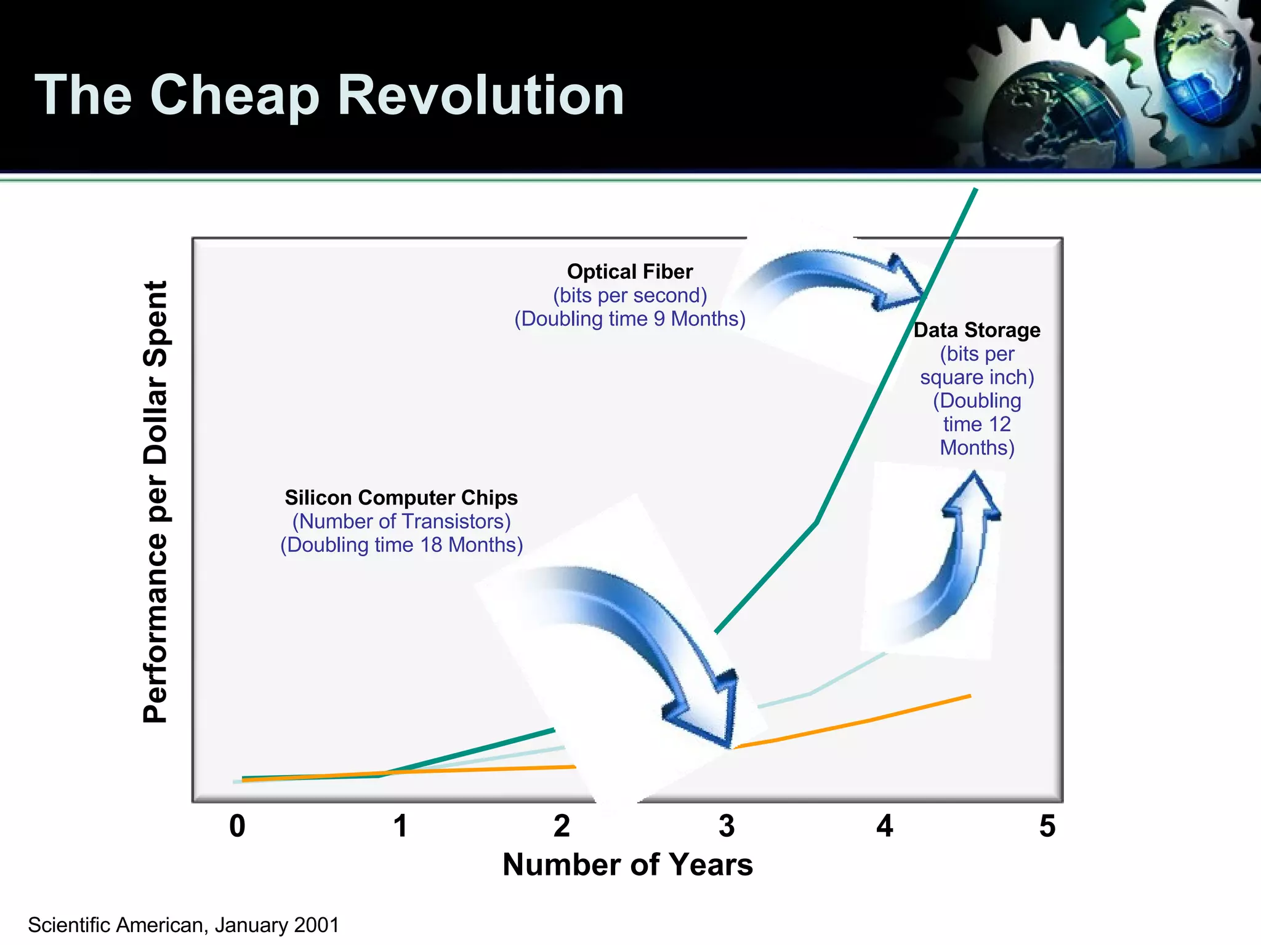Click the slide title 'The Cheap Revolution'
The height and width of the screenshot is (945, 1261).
(x=329, y=95)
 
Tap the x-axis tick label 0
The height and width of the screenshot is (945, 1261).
(x=237, y=826)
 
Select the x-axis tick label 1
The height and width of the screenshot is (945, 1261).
(x=400, y=826)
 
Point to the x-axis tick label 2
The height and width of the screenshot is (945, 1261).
(x=562, y=826)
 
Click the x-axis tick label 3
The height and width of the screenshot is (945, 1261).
(x=727, y=826)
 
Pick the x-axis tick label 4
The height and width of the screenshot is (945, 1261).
(x=885, y=826)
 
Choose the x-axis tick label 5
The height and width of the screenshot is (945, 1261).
(x=1047, y=826)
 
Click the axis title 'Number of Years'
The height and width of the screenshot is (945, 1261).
(x=627, y=864)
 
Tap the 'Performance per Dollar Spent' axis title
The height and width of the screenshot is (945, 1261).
(x=155, y=501)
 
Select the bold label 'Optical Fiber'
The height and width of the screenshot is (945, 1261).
(x=630, y=271)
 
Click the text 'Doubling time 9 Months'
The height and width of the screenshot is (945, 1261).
(x=630, y=319)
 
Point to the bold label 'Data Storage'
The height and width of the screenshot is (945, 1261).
(x=977, y=330)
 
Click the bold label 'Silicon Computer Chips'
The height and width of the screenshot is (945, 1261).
(x=401, y=497)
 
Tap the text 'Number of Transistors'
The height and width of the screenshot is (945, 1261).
(x=401, y=521)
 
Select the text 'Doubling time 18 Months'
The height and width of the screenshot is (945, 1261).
(x=401, y=544)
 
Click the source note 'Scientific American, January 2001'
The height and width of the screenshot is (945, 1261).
(x=183, y=925)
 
